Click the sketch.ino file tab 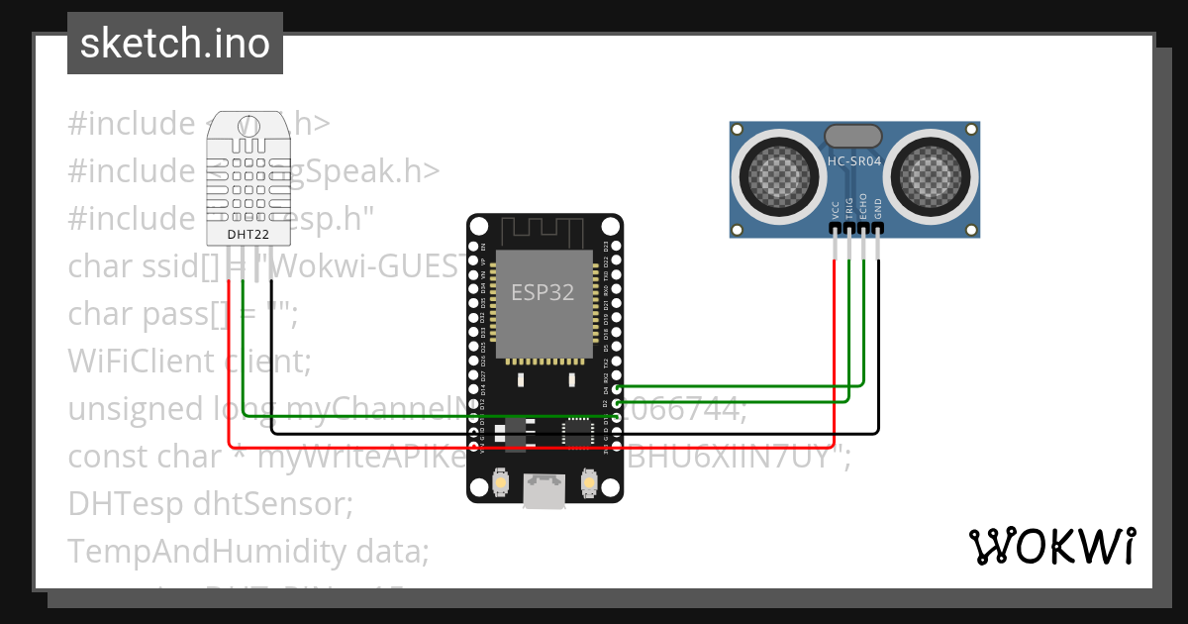[174, 44]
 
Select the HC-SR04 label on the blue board [854, 160]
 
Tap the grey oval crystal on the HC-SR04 [853, 136]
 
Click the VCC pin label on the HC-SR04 [836, 209]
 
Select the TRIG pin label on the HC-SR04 [849, 207]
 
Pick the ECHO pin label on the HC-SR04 [863, 206]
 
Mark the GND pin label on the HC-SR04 [877, 209]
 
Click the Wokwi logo [1052, 546]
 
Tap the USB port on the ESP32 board [544, 492]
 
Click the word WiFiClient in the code [141, 362]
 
